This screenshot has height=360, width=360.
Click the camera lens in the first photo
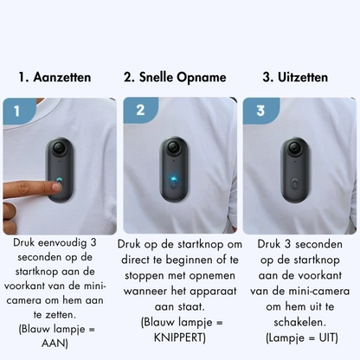[61, 148]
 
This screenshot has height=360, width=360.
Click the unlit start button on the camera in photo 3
[296, 184]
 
